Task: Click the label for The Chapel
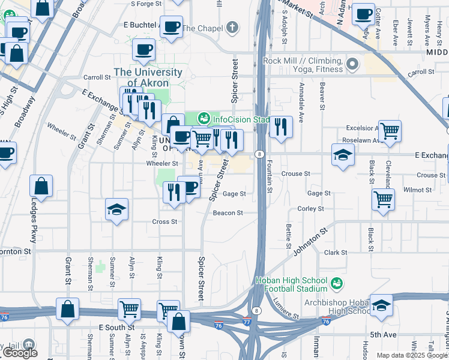(203, 28)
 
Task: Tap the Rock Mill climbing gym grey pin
(352, 63)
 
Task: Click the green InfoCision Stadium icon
(203, 118)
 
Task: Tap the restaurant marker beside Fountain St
(280, 127)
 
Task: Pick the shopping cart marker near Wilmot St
(382, 199)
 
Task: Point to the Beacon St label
(228, 213)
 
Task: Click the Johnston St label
(311, 239)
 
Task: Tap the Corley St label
(311, 209)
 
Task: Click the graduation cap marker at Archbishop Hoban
(381, 305)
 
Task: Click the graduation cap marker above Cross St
(117, 209)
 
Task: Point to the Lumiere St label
(286, 308)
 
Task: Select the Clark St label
(336, 253)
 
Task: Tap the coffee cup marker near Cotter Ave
(363, 14)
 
